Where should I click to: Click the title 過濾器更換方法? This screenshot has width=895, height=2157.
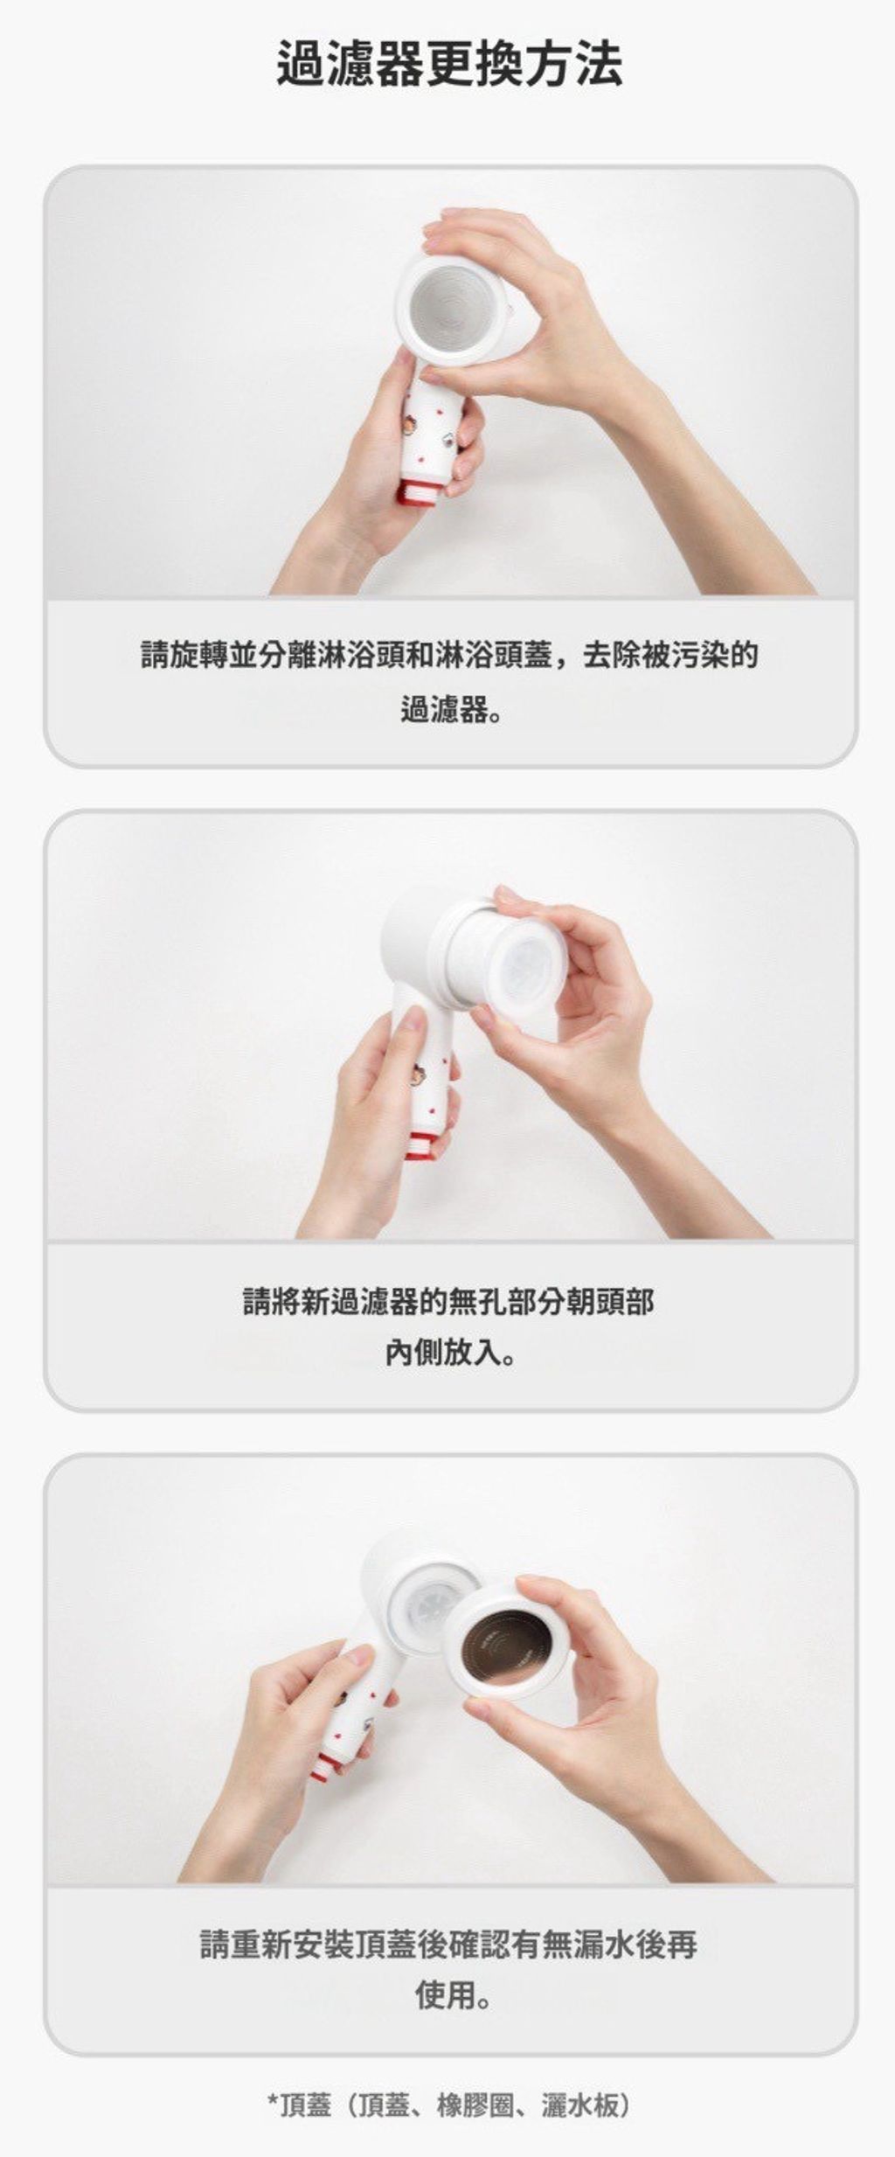point(449,65)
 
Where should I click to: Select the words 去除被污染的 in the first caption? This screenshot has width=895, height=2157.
point(670,654)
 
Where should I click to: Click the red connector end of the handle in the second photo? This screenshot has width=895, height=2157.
point(421,1145)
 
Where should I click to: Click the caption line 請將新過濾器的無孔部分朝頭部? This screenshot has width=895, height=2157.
point(448,1302)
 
